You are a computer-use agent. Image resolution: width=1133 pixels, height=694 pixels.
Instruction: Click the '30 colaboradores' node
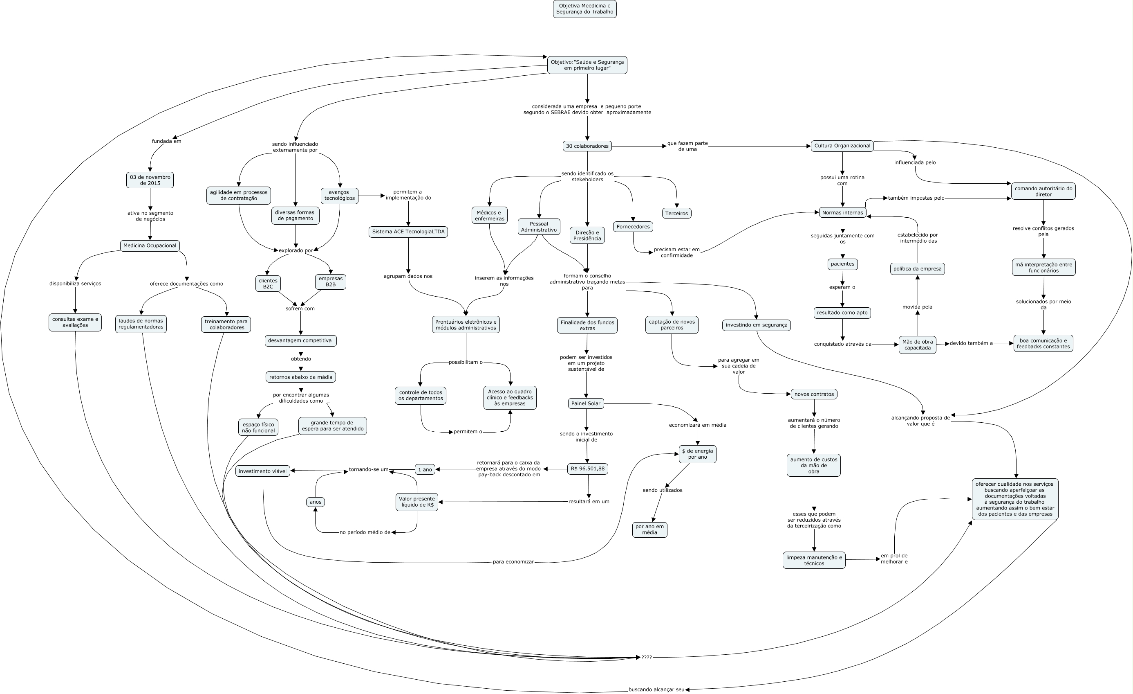click(587, 146)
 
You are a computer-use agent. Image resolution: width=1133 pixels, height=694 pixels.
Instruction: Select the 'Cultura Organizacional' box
click(842, 146)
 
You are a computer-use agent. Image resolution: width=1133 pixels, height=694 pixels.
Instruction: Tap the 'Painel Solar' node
click(585, 403)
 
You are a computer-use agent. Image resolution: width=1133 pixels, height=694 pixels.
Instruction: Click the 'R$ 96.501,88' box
click(587, 469)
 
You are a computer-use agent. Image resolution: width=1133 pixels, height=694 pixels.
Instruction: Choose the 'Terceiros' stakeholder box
click(676, 214)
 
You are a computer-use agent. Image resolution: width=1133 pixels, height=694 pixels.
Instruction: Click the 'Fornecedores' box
click(633, 227)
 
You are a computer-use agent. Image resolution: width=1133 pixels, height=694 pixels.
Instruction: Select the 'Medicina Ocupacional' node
click(150, 246)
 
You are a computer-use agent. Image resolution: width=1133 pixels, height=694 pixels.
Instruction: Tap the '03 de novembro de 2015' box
click(150, 180)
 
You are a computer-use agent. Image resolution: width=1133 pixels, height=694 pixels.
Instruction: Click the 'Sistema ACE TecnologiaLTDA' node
click(408, 232)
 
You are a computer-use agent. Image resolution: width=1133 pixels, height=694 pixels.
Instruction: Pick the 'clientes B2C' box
click(268, 284)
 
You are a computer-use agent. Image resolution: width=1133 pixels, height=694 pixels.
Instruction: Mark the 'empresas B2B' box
click(330, 282)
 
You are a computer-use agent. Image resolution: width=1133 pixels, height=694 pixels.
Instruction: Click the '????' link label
click(646, 658)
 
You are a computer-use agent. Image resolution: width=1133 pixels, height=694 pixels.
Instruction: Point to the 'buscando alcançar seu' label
click(656, 690)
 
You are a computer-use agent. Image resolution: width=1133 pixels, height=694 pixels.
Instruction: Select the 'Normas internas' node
click(842, 213)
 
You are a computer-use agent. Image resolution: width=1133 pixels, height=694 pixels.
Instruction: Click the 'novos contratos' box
click(813, 394)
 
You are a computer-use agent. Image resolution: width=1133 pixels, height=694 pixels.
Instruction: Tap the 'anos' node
click(316, 502)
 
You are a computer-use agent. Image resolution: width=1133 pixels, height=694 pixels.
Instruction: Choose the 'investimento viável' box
click(262, 471)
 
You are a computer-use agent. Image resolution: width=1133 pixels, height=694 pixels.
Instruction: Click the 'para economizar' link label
click(513, 562)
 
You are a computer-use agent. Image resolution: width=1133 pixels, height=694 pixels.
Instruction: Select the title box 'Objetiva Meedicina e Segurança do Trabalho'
click(584, 9)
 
